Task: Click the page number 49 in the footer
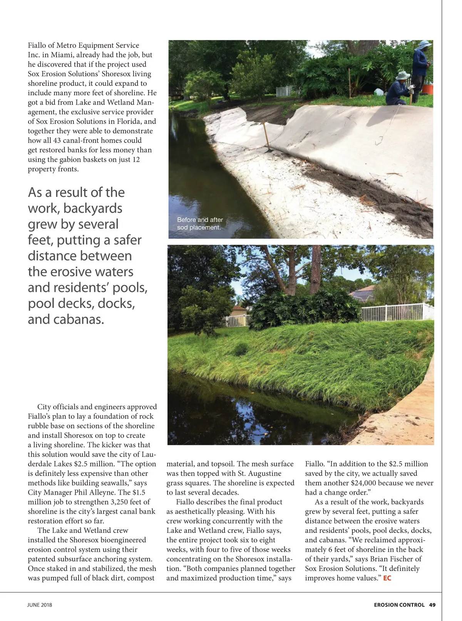click(x=432, y=605)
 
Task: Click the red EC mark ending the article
click(x=387, y=578)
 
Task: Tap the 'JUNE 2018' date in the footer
click(x=39, y=605)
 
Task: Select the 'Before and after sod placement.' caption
click(x=199, y=223)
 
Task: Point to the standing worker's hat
click(x=425, y=44)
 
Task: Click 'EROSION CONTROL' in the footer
click(x=399, y=605)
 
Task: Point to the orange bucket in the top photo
click(x=428, y=89)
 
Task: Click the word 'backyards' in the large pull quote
click(x=92, y=208)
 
